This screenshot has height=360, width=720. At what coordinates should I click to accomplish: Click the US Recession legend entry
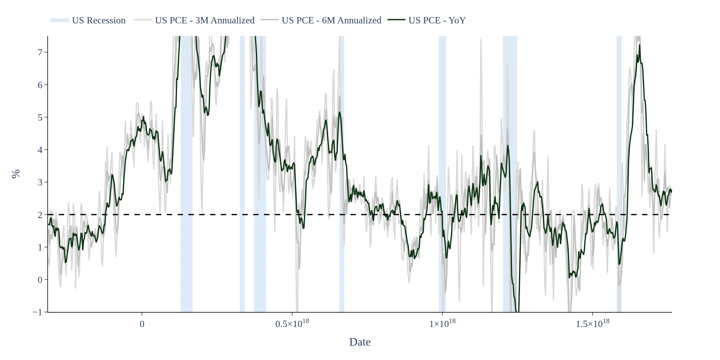pos(99,20)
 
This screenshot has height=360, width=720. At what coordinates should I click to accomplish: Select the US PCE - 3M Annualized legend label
pos(205,20)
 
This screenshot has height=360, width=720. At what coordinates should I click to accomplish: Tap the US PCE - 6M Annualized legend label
pos(331,20)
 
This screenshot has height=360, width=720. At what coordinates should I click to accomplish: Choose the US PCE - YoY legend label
pos(437,20)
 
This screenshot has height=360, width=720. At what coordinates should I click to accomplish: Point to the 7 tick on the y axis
pos(40,52)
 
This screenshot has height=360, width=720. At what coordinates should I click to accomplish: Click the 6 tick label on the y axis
pos(40,85)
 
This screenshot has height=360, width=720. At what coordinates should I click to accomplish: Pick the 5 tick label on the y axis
pos(40,117)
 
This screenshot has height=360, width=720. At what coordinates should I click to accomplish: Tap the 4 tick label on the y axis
pos(40,150)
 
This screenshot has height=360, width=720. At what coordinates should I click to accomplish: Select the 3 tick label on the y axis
pos(40,182)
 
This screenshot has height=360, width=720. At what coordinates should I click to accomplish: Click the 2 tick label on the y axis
pos(40,215)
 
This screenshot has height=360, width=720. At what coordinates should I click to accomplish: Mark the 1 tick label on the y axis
pos(40,247)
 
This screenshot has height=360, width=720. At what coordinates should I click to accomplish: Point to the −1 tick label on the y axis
pos(37,312)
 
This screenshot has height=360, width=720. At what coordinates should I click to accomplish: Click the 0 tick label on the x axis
pos(142,324)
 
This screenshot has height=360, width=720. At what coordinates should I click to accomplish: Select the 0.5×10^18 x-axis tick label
pos(292,323)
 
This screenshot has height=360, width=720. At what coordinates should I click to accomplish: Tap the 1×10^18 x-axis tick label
pos(442,323)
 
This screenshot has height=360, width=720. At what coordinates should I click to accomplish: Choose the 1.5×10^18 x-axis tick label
pos(592,323)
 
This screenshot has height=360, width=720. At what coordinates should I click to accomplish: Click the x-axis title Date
pos(360,342)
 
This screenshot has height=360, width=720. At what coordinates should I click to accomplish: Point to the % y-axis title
pos(16,174)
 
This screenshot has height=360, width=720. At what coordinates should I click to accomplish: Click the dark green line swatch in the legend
pos(396,20)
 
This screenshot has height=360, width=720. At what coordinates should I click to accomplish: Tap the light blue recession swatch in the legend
pos(60,20)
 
